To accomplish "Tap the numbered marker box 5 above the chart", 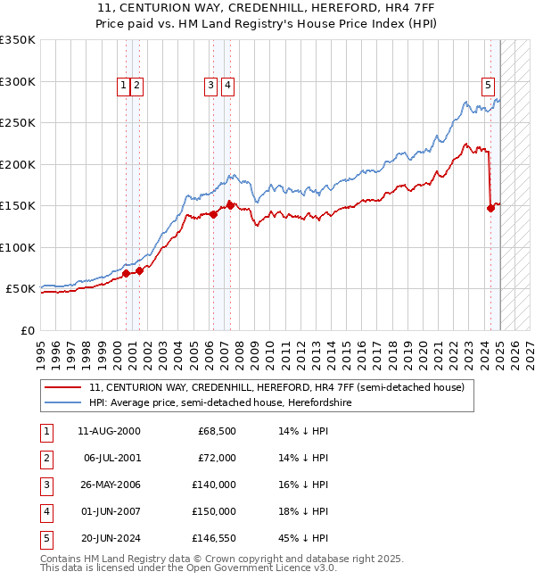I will pyautogui.click(x=489, y=86).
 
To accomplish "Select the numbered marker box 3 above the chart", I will pyautogui.click(x=210, y=86).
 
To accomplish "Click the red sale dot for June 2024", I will pyautogui.click(x=490, y=209).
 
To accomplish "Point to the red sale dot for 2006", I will pyautogui.click(x=214, y=214).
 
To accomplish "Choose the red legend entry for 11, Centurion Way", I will pyautogui.click(x=276, y=388).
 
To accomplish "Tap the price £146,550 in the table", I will pyautogui.click(x=214, y=537).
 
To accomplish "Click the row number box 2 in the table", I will pyautogui.click(x=45, y=458).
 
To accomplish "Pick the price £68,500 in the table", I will pyautogui.click(x=217, y=431).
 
